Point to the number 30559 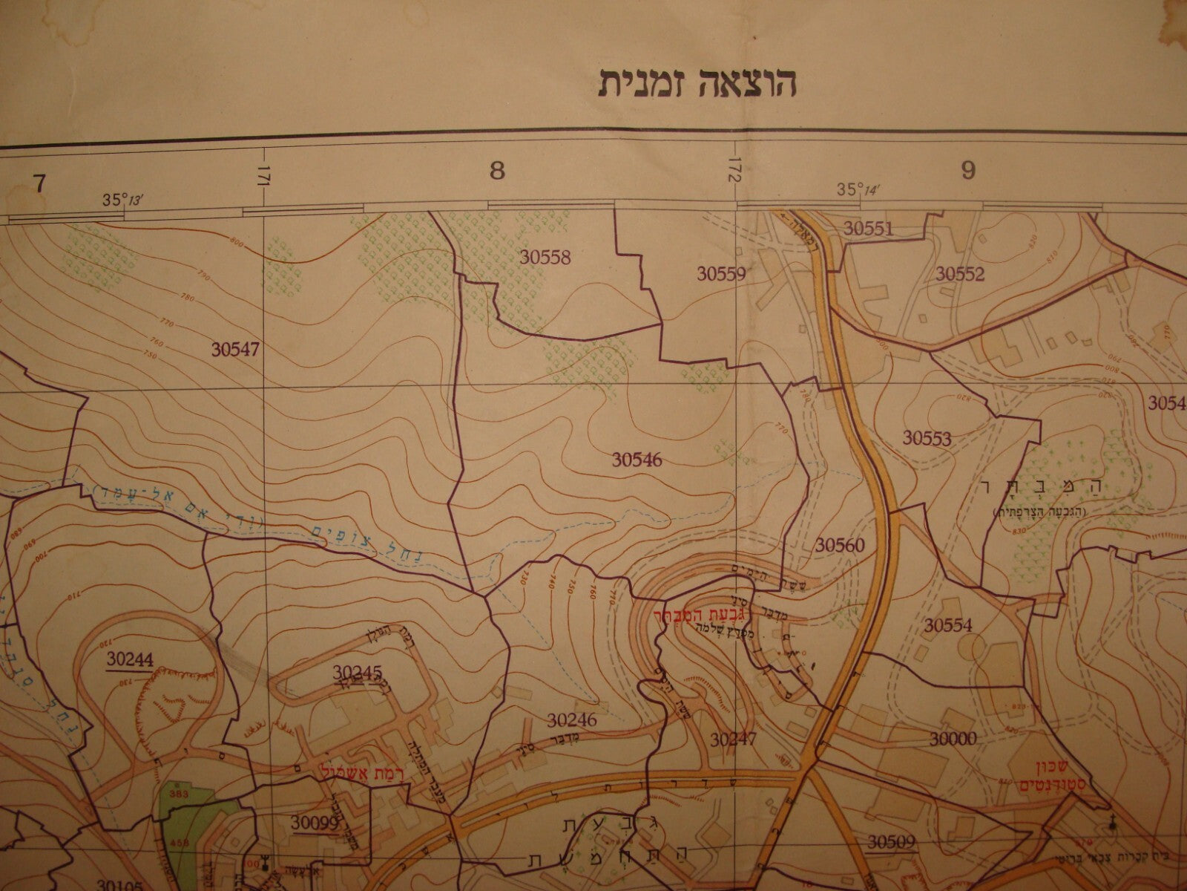pyautogui.click(x=721, y=274)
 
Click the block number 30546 pyautogui.click(x=637, y=460)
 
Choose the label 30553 pyautogui.click(x=927, y=437)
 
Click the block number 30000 pyautogui.click(x=953, y=738)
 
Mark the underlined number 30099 pyautogui.click(x=315, y=822)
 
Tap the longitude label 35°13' pyautogui.click(x=122, y=200)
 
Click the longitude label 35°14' pyautogui.click(x=858, y=190)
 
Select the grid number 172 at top pyautogui.click(x=735, y=173)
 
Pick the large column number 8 pyautogui.click(x=497, y=172)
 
